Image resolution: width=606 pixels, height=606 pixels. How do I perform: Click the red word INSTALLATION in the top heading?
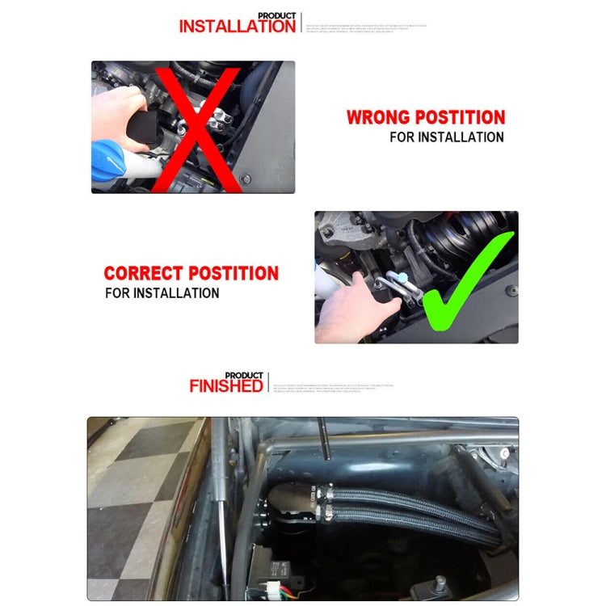(237, 27)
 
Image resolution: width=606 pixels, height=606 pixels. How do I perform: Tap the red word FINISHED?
(226, 386)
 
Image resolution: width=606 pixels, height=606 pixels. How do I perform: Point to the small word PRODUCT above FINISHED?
(244, 376)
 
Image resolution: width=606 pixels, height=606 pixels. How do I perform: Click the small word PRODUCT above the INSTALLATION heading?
(276, 15)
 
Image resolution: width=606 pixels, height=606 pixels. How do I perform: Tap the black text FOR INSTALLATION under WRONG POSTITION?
(446, 137)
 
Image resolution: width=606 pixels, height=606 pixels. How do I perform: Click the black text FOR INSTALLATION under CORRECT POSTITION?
(162, 292)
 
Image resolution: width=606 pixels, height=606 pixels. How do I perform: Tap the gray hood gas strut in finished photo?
(218, 501)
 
